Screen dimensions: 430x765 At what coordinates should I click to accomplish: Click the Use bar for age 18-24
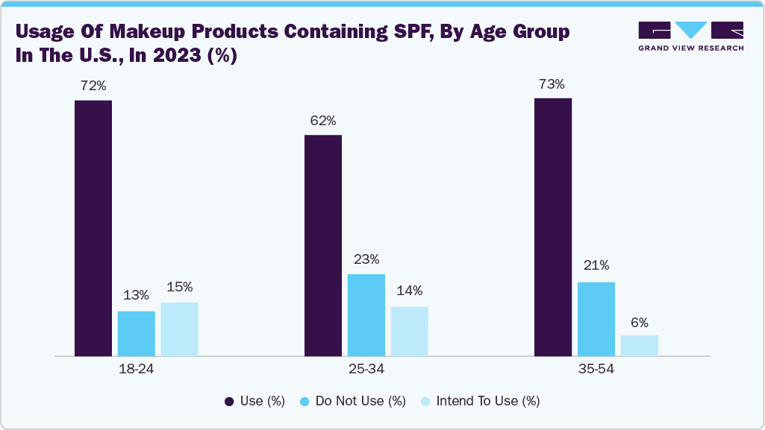[x=93, y=228]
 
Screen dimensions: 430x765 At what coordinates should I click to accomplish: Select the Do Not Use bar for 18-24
[x=137, y=333]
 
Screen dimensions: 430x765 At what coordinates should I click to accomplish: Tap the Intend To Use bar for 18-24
[x=180, y=329]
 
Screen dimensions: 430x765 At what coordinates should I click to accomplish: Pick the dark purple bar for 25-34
[x=323, y=245]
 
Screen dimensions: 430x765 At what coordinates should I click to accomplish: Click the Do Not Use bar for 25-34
[x=366, y=314]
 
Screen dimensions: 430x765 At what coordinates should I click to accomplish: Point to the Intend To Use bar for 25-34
[x=410, y=331]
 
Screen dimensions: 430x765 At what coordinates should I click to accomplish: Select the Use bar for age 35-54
[x=553, y=227]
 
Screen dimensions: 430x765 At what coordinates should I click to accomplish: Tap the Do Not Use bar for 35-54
[x=596, y=318]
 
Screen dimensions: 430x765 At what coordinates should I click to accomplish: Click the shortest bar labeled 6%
[x=640, y=345]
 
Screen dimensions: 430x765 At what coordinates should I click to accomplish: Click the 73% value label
[x=552, y=84]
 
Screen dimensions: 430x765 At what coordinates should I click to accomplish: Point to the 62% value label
[x=323, y=121]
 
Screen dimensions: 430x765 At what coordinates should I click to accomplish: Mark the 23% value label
[x=366, y=259]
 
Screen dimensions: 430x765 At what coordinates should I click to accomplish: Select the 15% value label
[x=180, y=287]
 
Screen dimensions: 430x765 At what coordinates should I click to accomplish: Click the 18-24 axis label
[x=137, y=369]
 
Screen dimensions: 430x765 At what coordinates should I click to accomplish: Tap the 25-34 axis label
[x=366, y=369]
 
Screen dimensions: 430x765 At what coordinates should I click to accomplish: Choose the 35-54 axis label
[x=596, y=369]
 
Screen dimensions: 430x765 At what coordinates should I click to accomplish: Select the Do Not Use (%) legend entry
[x=352, y=401]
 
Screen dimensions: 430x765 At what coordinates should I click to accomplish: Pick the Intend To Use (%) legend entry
[x=480, y=401]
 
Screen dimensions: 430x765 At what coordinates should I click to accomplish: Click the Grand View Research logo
[x=690, y=37]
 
